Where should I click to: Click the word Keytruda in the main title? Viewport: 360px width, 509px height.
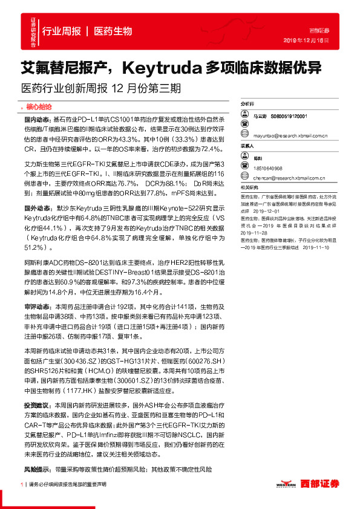pos(157,66)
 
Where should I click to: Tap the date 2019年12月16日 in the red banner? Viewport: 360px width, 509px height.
pos(310,40)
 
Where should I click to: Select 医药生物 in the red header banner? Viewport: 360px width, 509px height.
pos(114,31)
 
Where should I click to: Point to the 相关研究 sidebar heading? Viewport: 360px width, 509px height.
pos(249,189)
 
